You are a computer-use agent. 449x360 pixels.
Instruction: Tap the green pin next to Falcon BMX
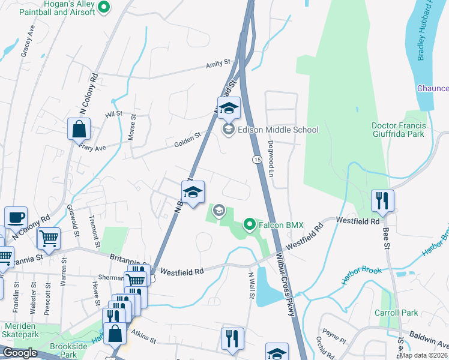pos(250,225)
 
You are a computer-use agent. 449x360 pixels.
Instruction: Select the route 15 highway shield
pos(257,159)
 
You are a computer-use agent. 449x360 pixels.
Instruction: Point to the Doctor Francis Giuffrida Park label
pos(399,130)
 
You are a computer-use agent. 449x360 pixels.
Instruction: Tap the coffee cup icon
pos(16,217)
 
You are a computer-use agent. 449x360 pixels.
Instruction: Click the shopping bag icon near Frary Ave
pos(79,128)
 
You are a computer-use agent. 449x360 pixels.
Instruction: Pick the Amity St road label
pos(218,62)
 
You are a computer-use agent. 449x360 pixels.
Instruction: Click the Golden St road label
pos(187,139)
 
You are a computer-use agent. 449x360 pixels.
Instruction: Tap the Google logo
pos(20,352)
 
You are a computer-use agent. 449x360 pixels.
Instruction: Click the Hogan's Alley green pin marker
pos(104,7)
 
